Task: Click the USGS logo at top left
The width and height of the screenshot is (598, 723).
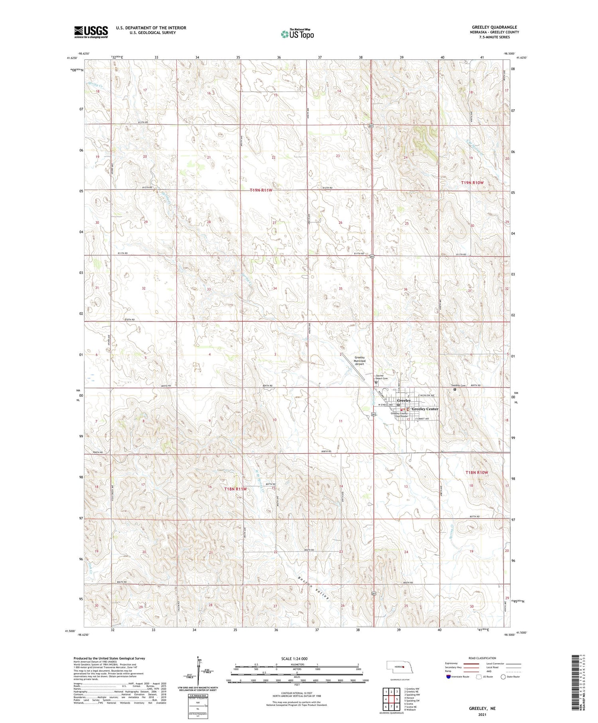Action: click(91, 32)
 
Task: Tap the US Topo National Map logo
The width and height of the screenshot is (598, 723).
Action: click(297, 34)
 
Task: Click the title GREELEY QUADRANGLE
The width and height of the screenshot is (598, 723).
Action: click(494, 27)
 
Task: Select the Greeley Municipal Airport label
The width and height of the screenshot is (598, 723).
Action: click(360, 361)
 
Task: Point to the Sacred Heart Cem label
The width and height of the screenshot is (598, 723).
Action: click(382, 377)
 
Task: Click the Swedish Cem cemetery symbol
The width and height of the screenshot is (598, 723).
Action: click(455, 390)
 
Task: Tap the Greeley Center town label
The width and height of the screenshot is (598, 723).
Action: click(425, 409)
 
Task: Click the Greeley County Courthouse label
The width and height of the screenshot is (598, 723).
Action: click(400, 415)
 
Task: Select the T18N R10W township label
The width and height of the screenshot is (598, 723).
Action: click(477, 472)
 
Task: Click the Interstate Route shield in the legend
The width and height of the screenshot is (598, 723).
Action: click(448, 676)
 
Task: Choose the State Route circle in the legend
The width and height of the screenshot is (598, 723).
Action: click(503, 676)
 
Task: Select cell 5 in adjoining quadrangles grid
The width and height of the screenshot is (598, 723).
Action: click(397, 699)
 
